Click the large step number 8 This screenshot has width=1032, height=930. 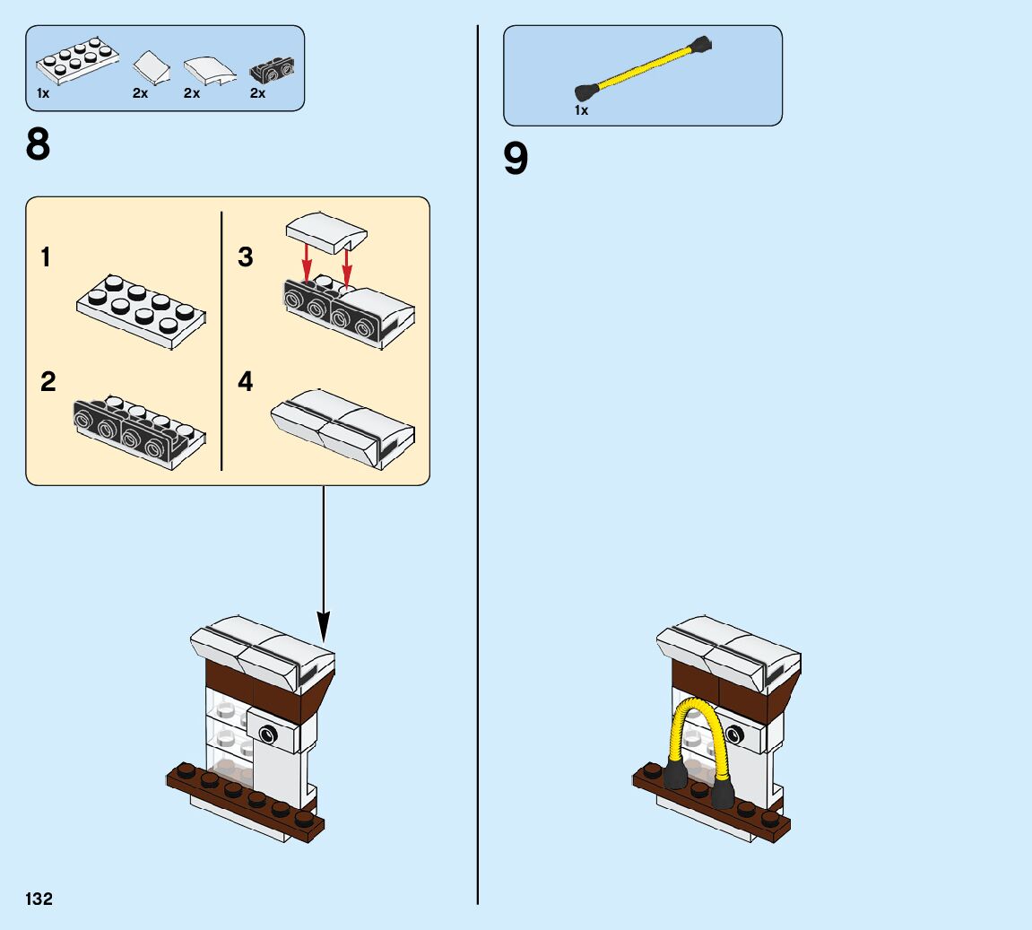[39, 144]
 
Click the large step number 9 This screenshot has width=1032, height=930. [516, 160]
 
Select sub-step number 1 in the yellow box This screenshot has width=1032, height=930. [46, 258]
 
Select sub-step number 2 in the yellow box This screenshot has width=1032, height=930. [48, 382]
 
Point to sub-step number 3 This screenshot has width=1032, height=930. [246, 258]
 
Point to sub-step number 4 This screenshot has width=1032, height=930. [246, 382]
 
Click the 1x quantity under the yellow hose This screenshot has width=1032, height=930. [581, 110]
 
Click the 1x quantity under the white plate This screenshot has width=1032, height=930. [43, 93]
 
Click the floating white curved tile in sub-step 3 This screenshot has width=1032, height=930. [325, 231]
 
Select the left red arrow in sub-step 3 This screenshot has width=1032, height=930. [307, 261]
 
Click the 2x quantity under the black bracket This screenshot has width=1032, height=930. [257, 93]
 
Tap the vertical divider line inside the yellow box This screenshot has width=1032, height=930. [221, 341]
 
